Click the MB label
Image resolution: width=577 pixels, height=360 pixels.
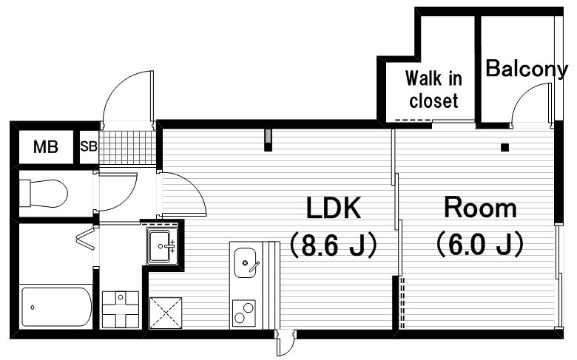point(46,147)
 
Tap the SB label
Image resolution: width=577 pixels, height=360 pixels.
point(89,146)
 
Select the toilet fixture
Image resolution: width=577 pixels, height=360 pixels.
point(44,193)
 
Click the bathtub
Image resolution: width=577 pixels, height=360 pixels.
point(56,307)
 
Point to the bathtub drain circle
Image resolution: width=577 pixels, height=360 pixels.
point(33,308)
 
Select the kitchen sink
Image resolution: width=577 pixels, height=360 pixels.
point(245,262)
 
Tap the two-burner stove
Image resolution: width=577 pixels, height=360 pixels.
point(243,313)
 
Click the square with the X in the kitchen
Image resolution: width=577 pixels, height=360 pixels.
point(166,313)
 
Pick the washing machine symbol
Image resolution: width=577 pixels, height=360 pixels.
point(121,310)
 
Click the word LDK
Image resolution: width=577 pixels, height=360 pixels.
point(334,208)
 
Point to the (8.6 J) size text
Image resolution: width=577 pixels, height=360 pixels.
point(334,244)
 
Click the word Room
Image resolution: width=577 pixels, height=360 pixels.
point(480,208)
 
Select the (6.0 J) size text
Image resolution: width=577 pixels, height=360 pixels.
point(480,244)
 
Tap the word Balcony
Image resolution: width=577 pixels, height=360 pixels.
point(527,69)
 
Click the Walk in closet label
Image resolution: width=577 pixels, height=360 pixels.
point(433,89)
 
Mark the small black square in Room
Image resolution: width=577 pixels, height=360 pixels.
point(505,147)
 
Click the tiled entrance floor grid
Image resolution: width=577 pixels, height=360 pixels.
point(128,147)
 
